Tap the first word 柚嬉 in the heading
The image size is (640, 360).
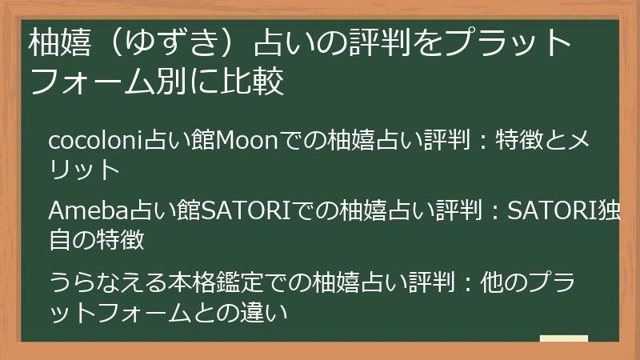click(59, 43)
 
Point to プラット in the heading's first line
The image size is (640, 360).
click(507, 43)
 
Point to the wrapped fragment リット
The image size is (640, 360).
click(84, 170)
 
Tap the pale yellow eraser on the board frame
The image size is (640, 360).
click(564, 338)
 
